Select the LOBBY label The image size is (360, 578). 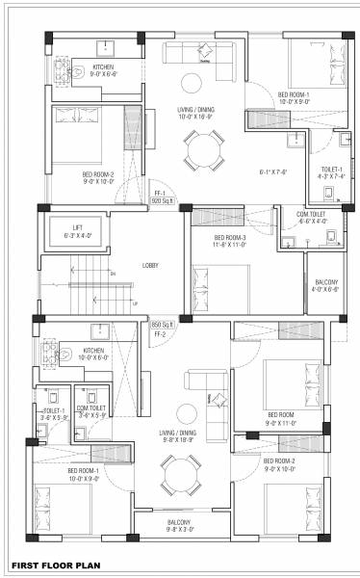[x=150, y=265]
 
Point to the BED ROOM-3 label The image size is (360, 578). [x=230, y=238]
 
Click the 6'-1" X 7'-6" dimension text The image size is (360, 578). [x=273, y=171]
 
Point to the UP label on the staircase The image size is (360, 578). [x=135, y=304]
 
